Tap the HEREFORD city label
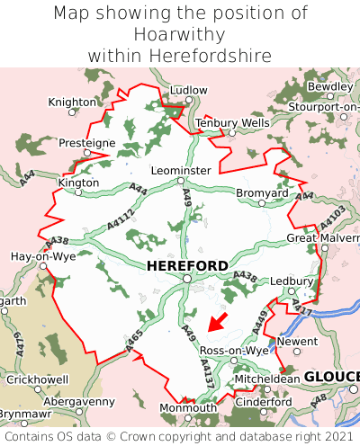click(x=186, y=265)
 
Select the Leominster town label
click(x=182, y=170)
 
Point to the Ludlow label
click(x=188, y=91)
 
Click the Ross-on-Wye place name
click(x=234, y=350)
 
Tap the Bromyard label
click(x=262, y=192)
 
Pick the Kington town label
click(x=78, y=183)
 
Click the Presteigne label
click(x=86, y=143)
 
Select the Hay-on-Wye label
click(x=42, y=256)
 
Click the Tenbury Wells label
click(x=232, y=122)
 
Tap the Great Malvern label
click(x=322, y=237)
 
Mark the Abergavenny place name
click(x=80, y=401)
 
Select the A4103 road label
click(x=332, y=219)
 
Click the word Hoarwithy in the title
click(x=180, y=34)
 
